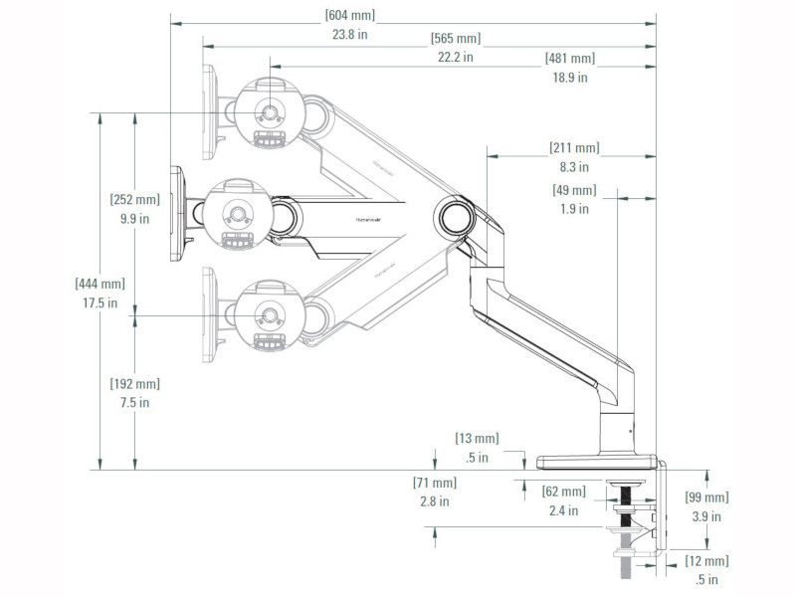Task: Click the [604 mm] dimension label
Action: click(349, 15)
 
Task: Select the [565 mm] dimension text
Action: click(455, 39)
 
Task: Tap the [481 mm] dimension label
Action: click(569, 59)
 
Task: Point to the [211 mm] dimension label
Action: click(574, 149)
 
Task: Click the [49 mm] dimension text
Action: click(574, 191)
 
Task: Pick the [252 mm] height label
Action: click(134, 200)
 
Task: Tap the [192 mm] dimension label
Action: click(134, 384)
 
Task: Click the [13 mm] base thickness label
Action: click(477, 439)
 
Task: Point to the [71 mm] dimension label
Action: click(434, 484)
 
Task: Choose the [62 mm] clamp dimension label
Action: click(563, 493)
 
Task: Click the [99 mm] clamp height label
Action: click(706, 498)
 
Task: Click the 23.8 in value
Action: click(349, 33)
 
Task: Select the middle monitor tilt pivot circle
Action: click(236, 213)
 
